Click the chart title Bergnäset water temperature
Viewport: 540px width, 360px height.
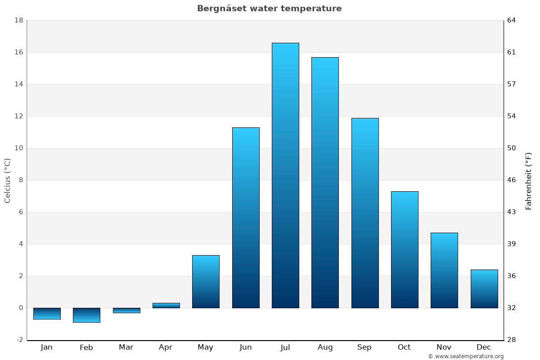[x=269, y=9]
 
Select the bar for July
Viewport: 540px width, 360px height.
[x=285, y=175]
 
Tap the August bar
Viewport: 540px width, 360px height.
[x=325, y=182]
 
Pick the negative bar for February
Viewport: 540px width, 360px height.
[x=86, y=315]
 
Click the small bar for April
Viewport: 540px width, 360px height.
[x=166, y=306]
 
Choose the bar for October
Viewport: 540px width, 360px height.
[x=405, y=250]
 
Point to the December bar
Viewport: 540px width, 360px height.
[x=484, y=289]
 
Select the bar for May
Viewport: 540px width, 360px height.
[x=206, y=282]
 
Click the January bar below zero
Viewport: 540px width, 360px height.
[x=47, y=314]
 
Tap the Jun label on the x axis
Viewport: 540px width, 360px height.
[x=246, y=347]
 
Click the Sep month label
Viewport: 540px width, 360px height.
[x=364, y=347]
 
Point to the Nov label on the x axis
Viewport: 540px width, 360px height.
[x=444, y=347]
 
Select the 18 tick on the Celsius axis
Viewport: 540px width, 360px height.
[x=18, y=20]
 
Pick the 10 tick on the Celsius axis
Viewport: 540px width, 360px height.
[x=18, y=148]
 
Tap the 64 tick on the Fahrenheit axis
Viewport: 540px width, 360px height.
[x=511, y=20]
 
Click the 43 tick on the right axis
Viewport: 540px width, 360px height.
[x=511, y=212]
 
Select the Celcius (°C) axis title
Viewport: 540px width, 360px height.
[x=7, y=180]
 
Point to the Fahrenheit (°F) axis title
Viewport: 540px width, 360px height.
[x=528, y=180]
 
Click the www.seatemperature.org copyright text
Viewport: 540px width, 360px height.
[x=466, y=356]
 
